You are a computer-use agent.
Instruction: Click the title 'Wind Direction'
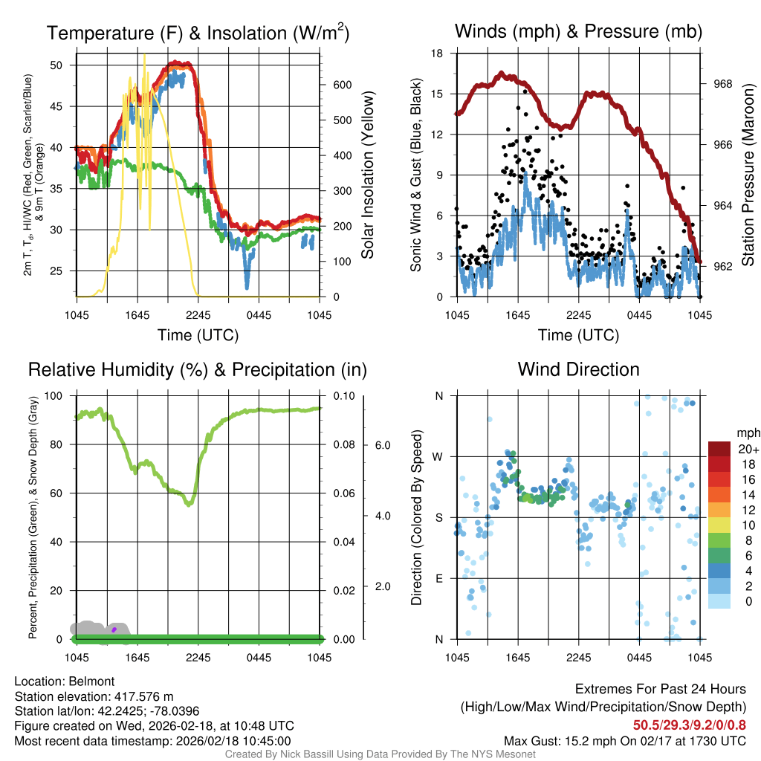coord(578,369)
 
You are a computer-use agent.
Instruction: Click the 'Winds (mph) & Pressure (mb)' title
coord(578,31)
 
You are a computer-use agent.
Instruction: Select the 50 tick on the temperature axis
coord(64,65)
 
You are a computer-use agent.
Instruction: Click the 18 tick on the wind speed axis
coord(438,54)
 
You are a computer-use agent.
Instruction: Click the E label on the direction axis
coord(438,578)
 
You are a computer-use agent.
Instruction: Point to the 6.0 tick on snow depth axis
coord(382,446)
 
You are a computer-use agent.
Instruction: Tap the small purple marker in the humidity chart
coord(114,629)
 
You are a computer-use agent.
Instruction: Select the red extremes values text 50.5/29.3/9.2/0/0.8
coord(689,725)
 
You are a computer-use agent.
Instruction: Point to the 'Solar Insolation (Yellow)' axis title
coord(368,175)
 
